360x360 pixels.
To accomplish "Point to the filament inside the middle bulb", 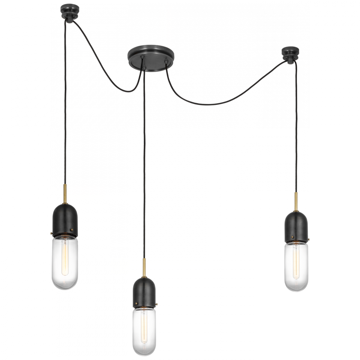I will click(x=144, y=324).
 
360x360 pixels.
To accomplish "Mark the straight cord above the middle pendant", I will click(x=144, y=162).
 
